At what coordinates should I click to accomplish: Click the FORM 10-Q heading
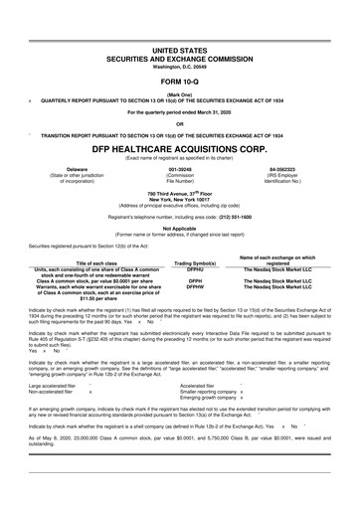(180, 82)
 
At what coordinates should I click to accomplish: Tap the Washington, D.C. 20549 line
(180, 66)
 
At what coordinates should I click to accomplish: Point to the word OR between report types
(180, 124)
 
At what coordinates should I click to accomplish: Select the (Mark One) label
(180, 95)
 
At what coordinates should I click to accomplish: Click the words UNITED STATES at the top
(180, 49)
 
